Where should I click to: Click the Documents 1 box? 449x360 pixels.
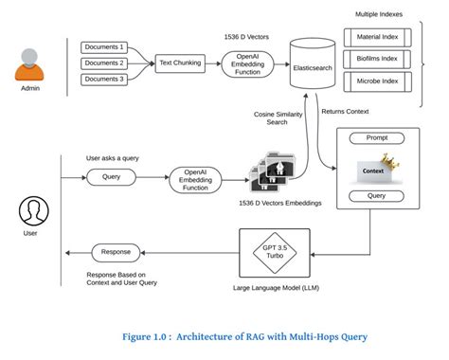(x=104, y=46)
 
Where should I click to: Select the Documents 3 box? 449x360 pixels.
(x=104, y=79)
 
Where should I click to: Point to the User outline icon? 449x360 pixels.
(x=34, y=209)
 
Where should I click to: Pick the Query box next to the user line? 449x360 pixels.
(x=110, y=176)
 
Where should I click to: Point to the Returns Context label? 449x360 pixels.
(x=348, y=112)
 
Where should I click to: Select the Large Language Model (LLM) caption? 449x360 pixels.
(x=275, y=287)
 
